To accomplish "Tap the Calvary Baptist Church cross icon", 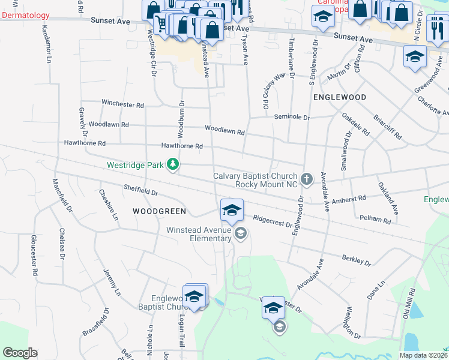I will [307, 178].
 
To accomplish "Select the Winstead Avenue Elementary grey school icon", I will [240, 234].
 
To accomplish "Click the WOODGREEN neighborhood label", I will [160, 211].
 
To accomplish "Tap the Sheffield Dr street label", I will [140, 190].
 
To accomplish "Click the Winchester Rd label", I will [122, 104].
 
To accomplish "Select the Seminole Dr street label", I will [292, 118].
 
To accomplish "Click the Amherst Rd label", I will [349, 199].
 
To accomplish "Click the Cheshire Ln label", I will [108, 205].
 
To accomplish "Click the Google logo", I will [20, 353].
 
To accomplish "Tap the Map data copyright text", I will [423, 355].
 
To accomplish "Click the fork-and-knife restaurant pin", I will [436, 25].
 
